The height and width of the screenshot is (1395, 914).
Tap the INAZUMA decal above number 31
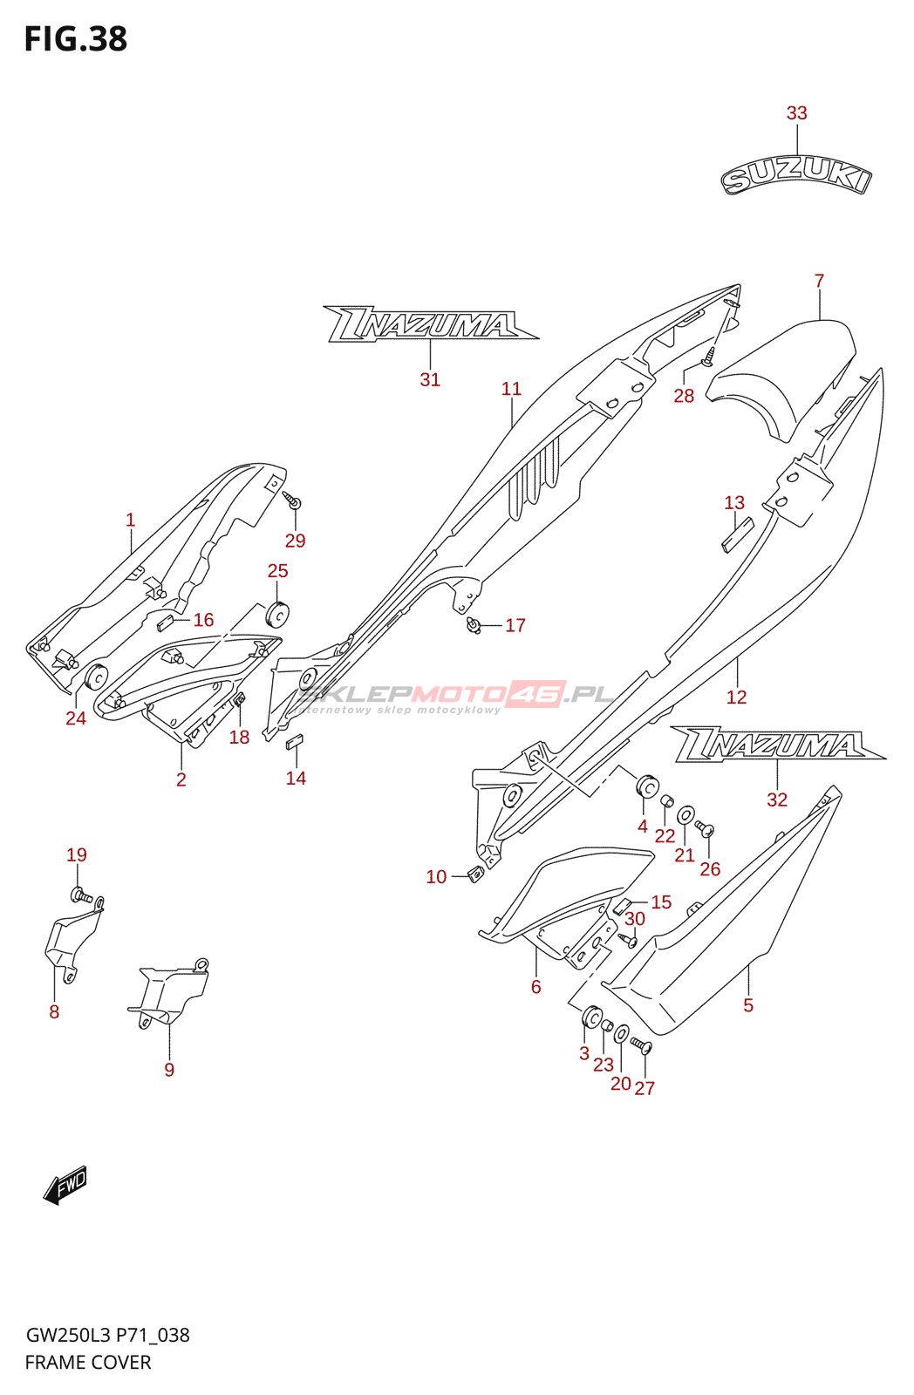coord(429,324)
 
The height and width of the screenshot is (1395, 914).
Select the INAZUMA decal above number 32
coord(776,744)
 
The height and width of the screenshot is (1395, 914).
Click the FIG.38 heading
coord(76,39)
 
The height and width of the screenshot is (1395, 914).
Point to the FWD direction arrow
coord(65,1186)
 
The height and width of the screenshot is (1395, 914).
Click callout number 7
coord(819,281)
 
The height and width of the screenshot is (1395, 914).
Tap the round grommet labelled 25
coord(278,614)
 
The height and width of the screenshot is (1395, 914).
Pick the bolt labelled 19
coord(80,895)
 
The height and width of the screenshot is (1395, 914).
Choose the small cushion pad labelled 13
coord(736,534)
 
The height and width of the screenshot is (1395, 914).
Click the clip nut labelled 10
coord(475,874)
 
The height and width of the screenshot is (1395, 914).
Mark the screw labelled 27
coord(642,1045)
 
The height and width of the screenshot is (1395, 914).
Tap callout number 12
coord(736,697)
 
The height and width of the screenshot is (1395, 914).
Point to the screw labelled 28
coord(709,355)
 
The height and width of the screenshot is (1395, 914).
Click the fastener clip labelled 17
coord(474,625)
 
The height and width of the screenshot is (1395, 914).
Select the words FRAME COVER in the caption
coord(88,1362)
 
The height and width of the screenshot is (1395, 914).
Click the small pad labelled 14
coord(295,743)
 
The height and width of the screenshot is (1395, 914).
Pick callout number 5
coord(747,1005)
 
